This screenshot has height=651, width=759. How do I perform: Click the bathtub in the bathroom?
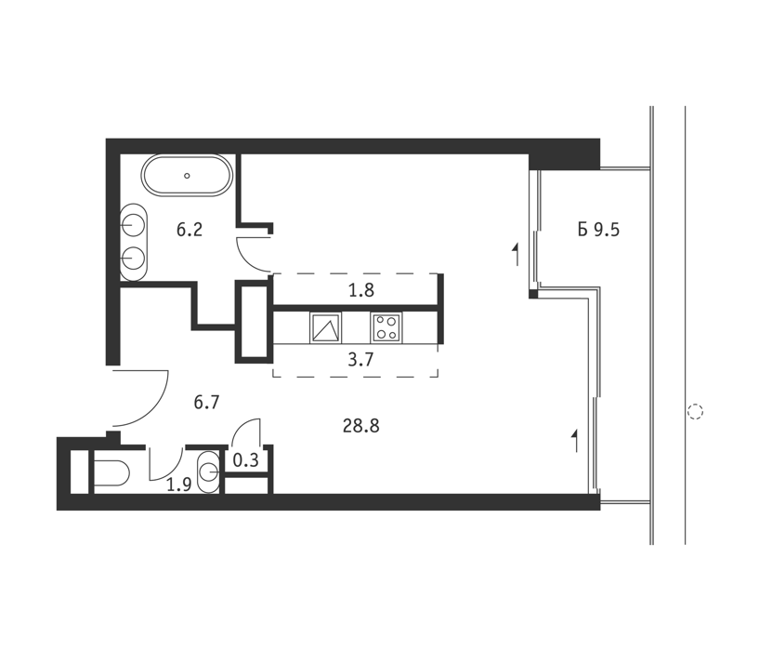pos(187,176)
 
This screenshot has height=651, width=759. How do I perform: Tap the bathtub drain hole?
pos(187,176)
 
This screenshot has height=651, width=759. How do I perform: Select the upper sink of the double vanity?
pos(133,225)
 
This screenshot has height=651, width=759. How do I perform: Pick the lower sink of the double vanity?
pos(133,258)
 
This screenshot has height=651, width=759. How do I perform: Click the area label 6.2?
pos(190,230)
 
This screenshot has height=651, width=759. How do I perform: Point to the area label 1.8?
pos(361,290)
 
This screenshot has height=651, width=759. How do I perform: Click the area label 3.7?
pos(361,360)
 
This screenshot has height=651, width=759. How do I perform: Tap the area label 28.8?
pos(361,426)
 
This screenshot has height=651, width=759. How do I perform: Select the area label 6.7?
pos(206,402)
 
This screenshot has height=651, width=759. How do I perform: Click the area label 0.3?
pos(246,459)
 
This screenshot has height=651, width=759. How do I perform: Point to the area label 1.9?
pos(179,484)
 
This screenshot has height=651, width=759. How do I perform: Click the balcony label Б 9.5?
pos(599,230)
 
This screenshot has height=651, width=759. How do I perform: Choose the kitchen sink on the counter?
pos(325,327)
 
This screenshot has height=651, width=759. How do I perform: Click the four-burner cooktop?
pos(386,327)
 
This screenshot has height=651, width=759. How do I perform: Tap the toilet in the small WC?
pos(111,473)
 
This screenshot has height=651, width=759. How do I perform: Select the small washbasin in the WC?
pos(209,472)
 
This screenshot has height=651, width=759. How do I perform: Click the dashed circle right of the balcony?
pos(695,412)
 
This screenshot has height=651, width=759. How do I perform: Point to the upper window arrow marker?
pos(516,254)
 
